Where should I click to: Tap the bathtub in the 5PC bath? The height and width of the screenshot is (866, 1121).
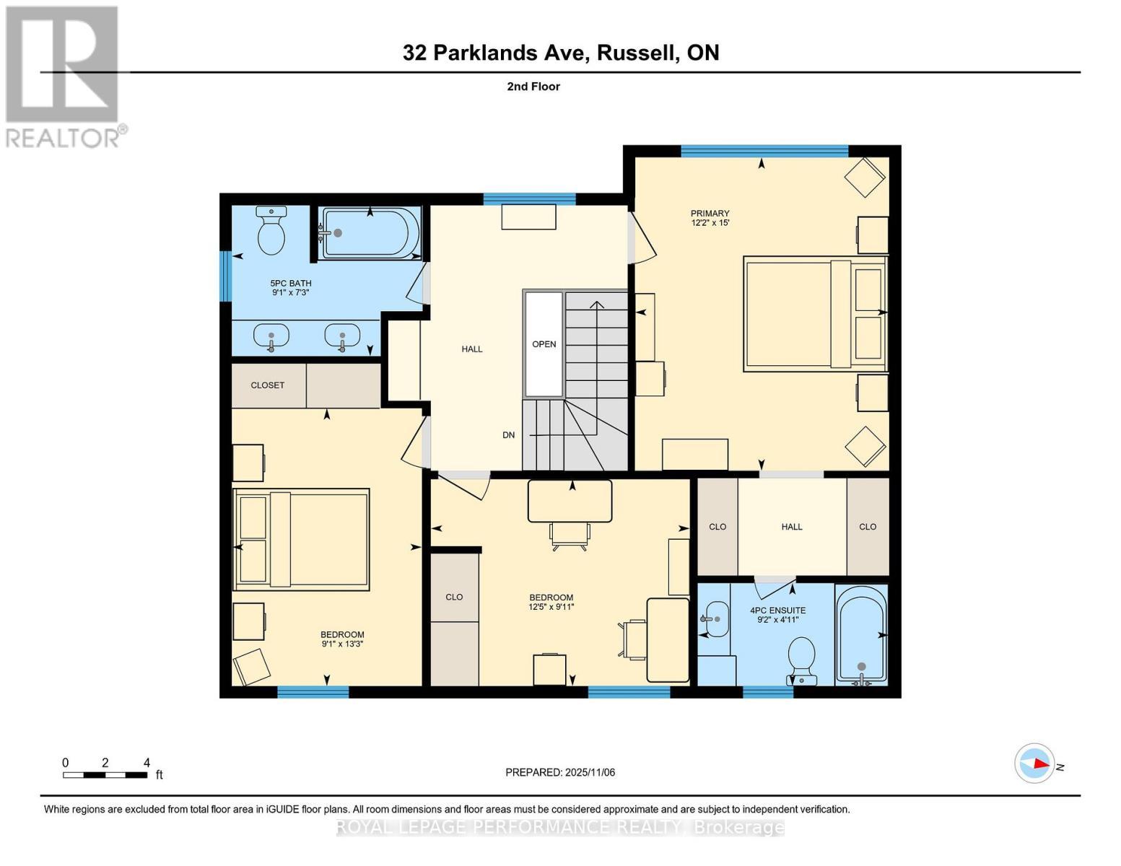pos(370,233)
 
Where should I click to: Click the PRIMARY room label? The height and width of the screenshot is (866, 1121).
pos(710,213)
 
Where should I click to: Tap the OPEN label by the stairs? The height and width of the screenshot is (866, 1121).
pos(544,344)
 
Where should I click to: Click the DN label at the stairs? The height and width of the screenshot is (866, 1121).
pos(509,435)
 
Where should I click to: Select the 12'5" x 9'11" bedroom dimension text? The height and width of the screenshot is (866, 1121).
pos(551,607)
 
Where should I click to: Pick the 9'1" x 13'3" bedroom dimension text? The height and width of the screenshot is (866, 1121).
pos(341,644)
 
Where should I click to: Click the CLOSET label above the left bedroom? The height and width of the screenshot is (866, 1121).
pos(267,385)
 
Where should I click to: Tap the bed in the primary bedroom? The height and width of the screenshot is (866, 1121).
pos(814,314)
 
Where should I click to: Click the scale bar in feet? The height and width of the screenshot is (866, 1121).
pos(105,775)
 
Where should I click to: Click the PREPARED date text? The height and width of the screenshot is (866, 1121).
pos(560,772)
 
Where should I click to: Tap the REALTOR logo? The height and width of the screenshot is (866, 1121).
pos(64,76)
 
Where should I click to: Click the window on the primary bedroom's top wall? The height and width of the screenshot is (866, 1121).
pos(764,151)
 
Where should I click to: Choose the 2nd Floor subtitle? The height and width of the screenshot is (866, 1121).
pos(533,87)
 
